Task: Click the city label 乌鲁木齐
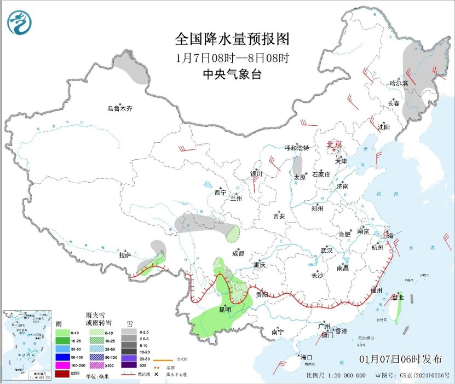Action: click(x=119, y=108)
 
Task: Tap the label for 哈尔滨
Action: click(x=399, y=84)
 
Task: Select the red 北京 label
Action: click(x=334, y=144)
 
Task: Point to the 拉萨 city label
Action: click(x=125, y=255)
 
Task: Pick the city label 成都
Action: click(x=238, y=253)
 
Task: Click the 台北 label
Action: click(x=398, y=298)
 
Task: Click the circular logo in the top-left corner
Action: click(x=19, y=22)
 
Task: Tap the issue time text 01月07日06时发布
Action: click(x=401, y=359)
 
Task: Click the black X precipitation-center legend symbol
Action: click(x=157, y=374)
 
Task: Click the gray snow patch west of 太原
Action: click(x=299, y=166)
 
